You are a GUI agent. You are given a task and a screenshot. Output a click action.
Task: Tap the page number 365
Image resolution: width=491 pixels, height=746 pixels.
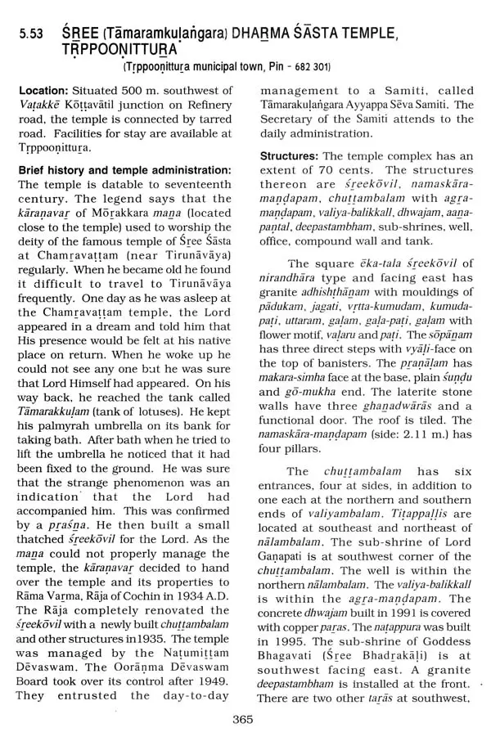pos(244,719)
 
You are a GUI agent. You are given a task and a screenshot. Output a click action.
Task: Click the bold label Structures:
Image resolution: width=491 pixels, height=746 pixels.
pos(290,155)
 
